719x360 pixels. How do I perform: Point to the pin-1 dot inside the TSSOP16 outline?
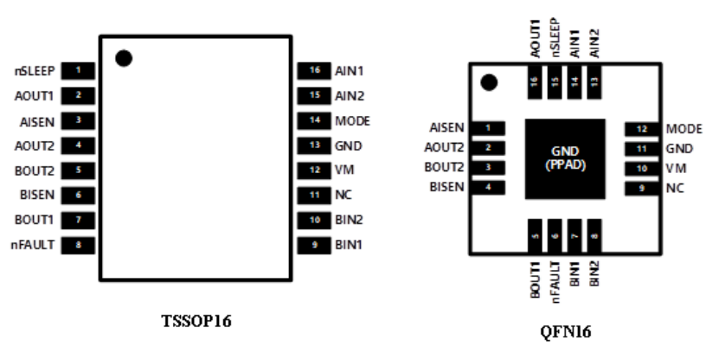pyautogui.click(x=124, y=58)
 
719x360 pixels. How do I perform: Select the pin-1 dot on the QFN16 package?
pyautogui.click(x=490, y=84)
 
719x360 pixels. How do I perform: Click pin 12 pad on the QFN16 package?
pyautogui.click(x=640, y=129)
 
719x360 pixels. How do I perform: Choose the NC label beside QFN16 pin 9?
pyautogui.click(x=674, y=188)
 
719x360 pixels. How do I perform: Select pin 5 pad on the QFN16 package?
pyautogui.click(x=535, y=235)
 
